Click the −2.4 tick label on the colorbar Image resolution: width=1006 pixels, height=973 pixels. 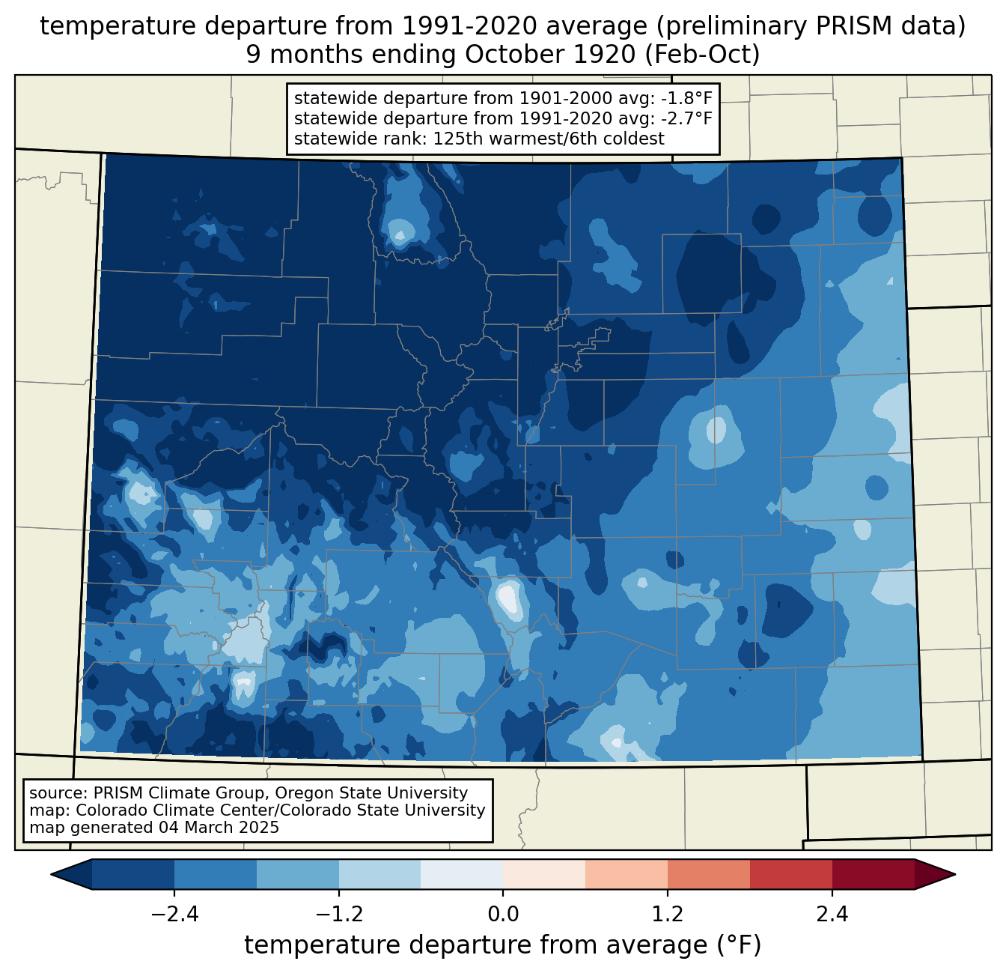coord(174,915)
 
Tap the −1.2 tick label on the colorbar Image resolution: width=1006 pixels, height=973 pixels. coord(338,915)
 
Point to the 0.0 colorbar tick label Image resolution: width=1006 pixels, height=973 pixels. coord(503,915)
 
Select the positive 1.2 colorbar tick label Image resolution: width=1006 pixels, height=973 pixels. coord(668,915)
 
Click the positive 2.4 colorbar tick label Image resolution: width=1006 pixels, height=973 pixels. coord(832,915)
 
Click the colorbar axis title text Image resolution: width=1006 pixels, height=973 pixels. coord(503,945)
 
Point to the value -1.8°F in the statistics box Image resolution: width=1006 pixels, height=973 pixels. coord(686,99)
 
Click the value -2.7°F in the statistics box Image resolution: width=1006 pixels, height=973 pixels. coord(686,118)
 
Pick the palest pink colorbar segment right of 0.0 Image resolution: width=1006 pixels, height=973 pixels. coord(544,874)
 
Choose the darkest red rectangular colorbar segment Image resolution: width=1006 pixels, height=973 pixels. coord(873,874)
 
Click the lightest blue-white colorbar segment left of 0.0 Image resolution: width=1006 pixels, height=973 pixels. coord(462,874)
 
